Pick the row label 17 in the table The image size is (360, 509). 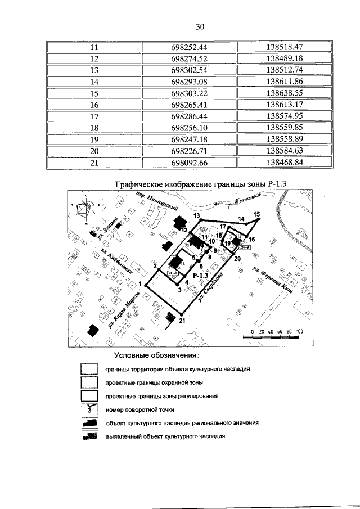pos(94,116)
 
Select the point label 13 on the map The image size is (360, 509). pos(197,216)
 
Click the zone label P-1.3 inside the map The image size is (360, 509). pos(200,276)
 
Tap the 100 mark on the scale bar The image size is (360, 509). pos(299,331)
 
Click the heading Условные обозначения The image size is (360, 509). pos(157,356)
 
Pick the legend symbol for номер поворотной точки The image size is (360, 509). pos(89,410)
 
